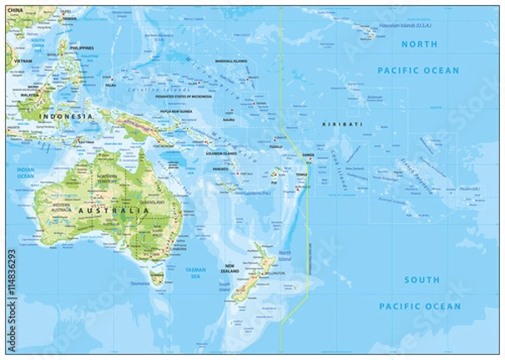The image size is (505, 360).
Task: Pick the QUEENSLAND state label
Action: tap(152, 202)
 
